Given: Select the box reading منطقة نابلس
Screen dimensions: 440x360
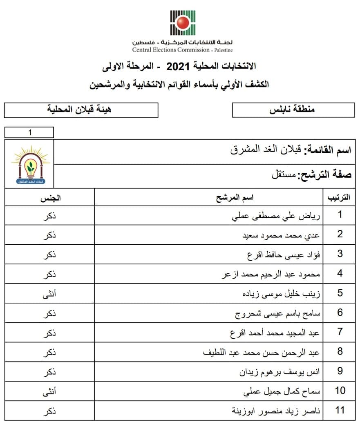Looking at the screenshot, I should coord(293,110).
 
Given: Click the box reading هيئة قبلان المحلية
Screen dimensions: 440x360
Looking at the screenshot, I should coord(81,110).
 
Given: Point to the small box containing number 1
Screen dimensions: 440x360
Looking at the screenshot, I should coord(29,132).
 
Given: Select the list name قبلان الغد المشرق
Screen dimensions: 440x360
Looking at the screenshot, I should coord(266,150).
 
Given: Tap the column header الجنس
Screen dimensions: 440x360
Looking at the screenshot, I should coord(50,198).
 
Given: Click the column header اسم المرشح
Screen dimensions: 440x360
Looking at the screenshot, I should coord(235,198).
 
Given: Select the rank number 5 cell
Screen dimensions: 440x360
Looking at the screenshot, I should coord(340,293).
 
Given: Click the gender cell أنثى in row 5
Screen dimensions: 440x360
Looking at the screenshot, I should coord(50,293).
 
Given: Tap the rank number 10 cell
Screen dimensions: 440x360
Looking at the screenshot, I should coord(340,391).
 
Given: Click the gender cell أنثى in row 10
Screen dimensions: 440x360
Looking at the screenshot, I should coord(50,391).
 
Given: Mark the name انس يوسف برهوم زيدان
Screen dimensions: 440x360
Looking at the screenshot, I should coord(280,372).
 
